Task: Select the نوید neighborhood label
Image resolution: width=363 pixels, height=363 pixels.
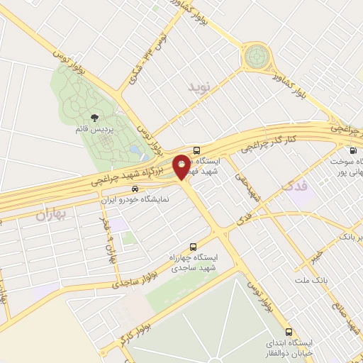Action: coord(200,87)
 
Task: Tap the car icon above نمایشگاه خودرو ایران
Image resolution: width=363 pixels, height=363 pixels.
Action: coord(135,189)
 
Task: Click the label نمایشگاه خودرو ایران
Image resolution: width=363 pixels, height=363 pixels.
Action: coord(135,200)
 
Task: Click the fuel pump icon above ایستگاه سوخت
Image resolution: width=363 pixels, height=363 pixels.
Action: coord(352,150)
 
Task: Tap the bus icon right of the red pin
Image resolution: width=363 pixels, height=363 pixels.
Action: coord(197,150)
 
